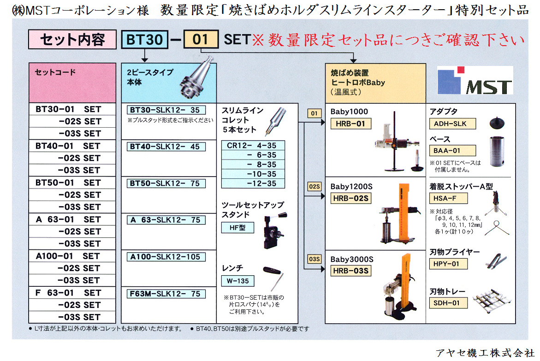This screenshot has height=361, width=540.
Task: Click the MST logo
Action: pos(475,81)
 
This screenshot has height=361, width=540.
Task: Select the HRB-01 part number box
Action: pos(351,124)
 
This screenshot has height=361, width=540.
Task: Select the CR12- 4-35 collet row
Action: pos(253,145)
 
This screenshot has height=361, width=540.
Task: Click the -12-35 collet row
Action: pos(253,183)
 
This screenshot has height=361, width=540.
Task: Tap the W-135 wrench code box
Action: pos(238,280)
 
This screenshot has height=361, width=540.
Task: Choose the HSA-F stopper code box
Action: pos(448,198)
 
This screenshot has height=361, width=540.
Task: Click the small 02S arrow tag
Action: pos(314,187)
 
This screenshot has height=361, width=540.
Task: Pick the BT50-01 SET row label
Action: pos(68,183)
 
